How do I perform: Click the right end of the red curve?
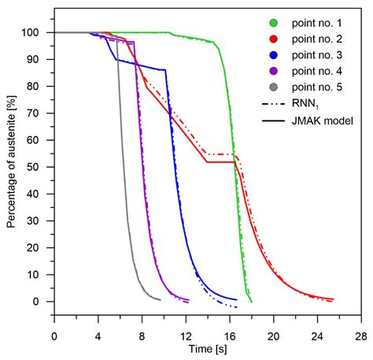334,299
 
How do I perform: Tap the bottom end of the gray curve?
160,299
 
